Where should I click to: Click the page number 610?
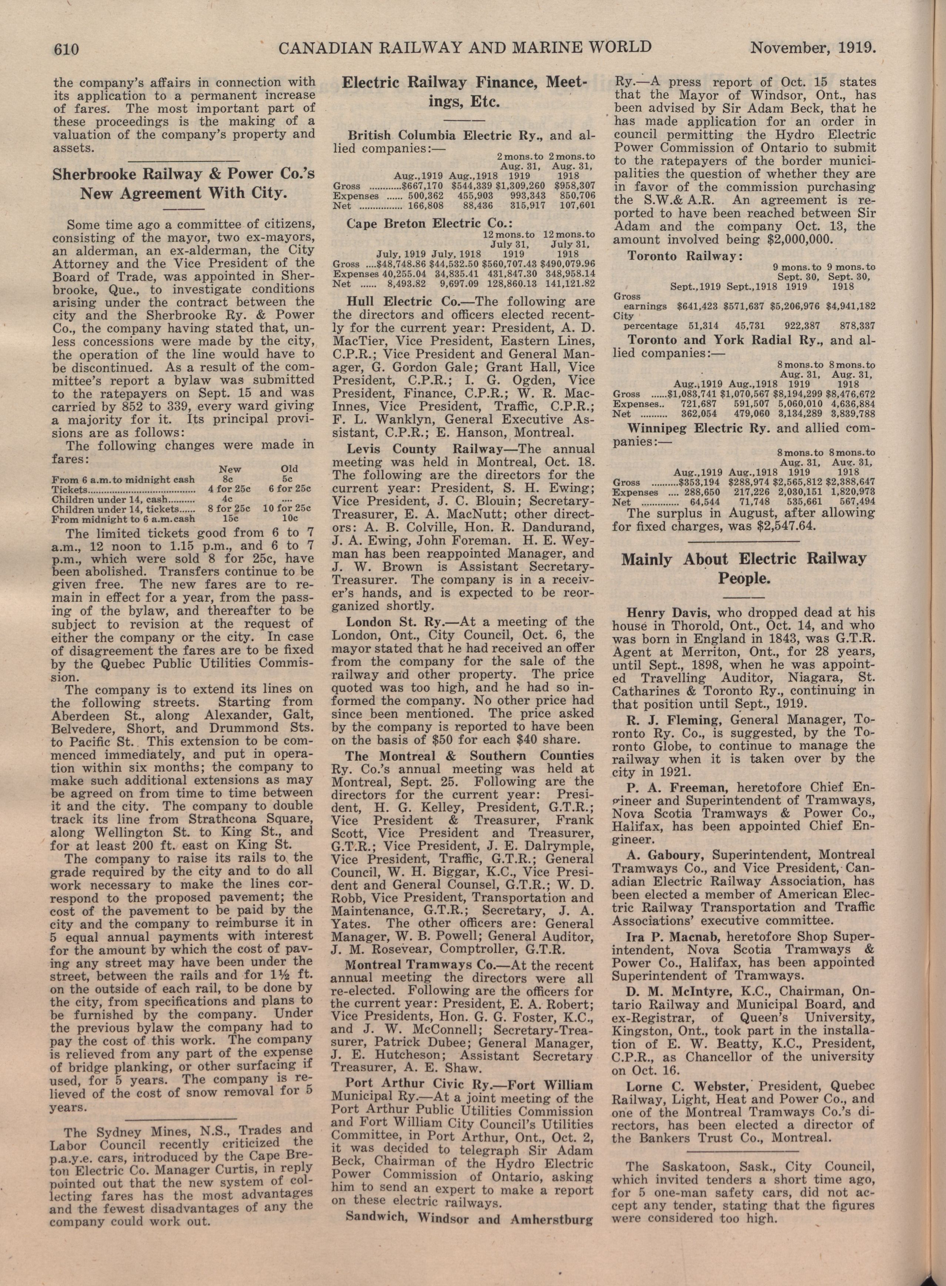(69, 48)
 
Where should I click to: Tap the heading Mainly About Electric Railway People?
(744, 568)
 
